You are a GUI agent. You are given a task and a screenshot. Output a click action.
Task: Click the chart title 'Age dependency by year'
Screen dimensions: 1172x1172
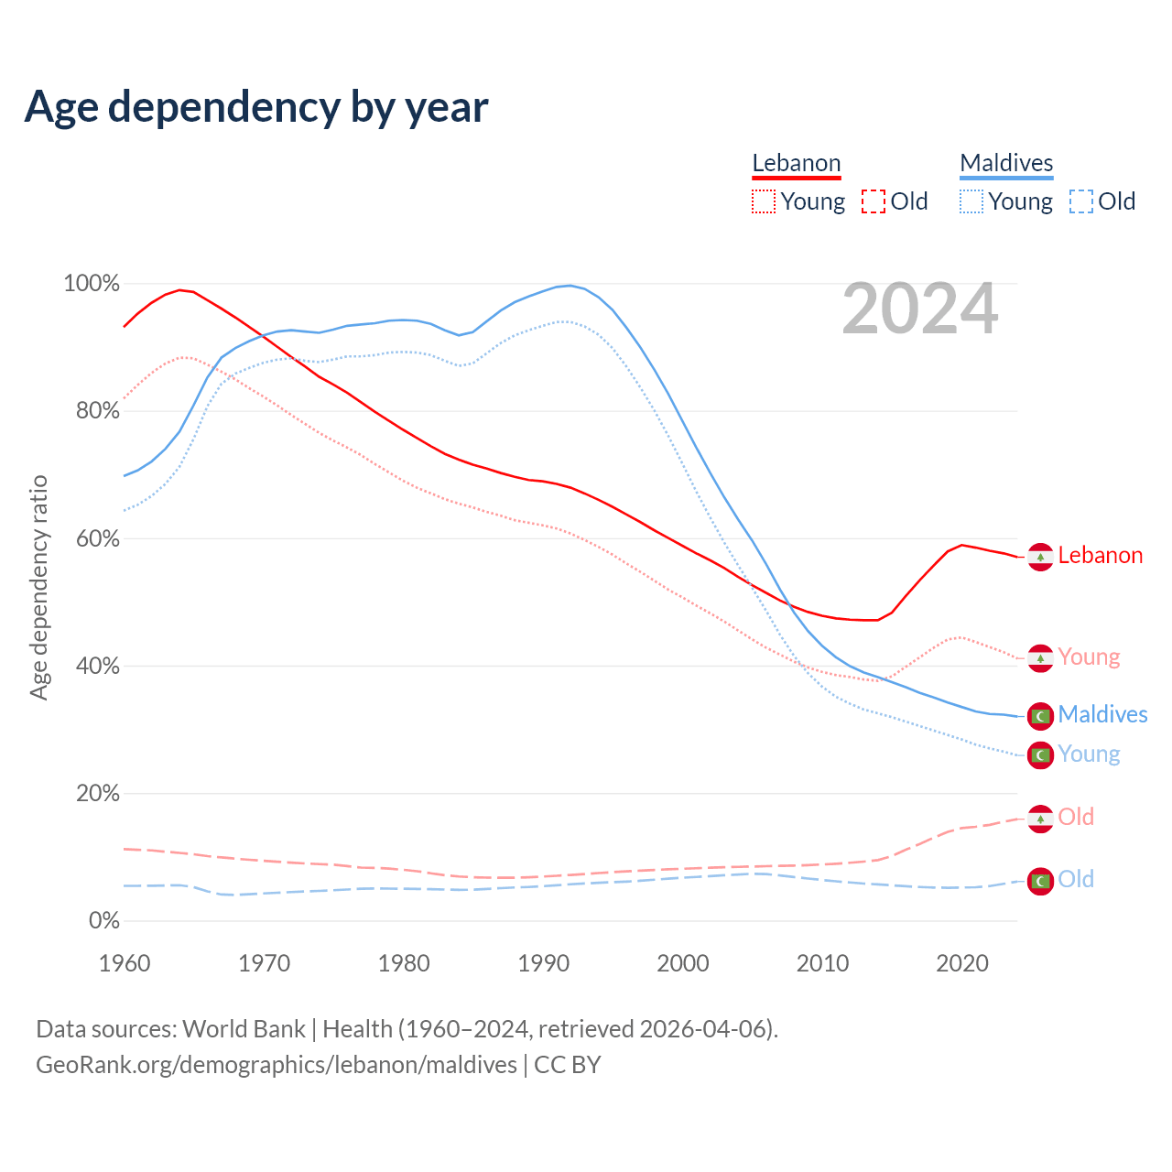(256, 107)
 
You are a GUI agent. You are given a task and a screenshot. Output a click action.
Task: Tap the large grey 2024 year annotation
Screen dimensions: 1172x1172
(919, 309)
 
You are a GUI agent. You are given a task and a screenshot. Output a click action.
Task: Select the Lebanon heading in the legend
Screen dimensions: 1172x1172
(796, 163)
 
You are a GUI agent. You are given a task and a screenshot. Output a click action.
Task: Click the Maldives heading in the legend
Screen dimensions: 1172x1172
(1006, 163)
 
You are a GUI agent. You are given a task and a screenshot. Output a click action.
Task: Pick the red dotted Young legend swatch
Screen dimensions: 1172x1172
(763, 201)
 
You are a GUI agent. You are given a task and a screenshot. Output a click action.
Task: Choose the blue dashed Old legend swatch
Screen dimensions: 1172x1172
(1081, 201)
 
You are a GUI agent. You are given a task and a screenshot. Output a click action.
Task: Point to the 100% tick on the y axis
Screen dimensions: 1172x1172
(92, 284)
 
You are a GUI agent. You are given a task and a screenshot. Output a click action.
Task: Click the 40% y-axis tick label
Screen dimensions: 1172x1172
(98, 667)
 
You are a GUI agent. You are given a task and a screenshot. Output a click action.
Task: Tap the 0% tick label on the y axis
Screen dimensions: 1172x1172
(104, 921)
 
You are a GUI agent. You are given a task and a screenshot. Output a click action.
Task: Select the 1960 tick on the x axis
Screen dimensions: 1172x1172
(125, 963)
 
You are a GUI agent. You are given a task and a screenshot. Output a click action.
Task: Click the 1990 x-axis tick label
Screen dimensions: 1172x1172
(543, 963)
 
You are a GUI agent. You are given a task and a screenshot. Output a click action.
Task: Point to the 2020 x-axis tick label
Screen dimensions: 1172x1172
(961, 963)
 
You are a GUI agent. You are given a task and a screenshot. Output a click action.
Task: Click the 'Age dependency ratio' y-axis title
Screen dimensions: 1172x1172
(38, 587)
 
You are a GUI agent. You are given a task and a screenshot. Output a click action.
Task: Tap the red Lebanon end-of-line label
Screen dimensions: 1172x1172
(1100, 556)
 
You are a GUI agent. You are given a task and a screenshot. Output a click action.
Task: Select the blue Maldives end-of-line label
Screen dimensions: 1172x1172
(1102, 715)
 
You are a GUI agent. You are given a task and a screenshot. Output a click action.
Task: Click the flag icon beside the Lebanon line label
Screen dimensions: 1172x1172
(1040, 557)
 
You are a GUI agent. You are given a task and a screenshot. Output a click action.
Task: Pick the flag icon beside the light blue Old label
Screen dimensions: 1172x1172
(1040, 881)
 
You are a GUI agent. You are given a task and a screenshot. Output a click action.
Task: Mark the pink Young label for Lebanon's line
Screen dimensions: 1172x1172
(1089, 657)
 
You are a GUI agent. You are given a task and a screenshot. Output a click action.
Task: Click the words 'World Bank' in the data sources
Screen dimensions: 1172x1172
(244, 1029)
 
